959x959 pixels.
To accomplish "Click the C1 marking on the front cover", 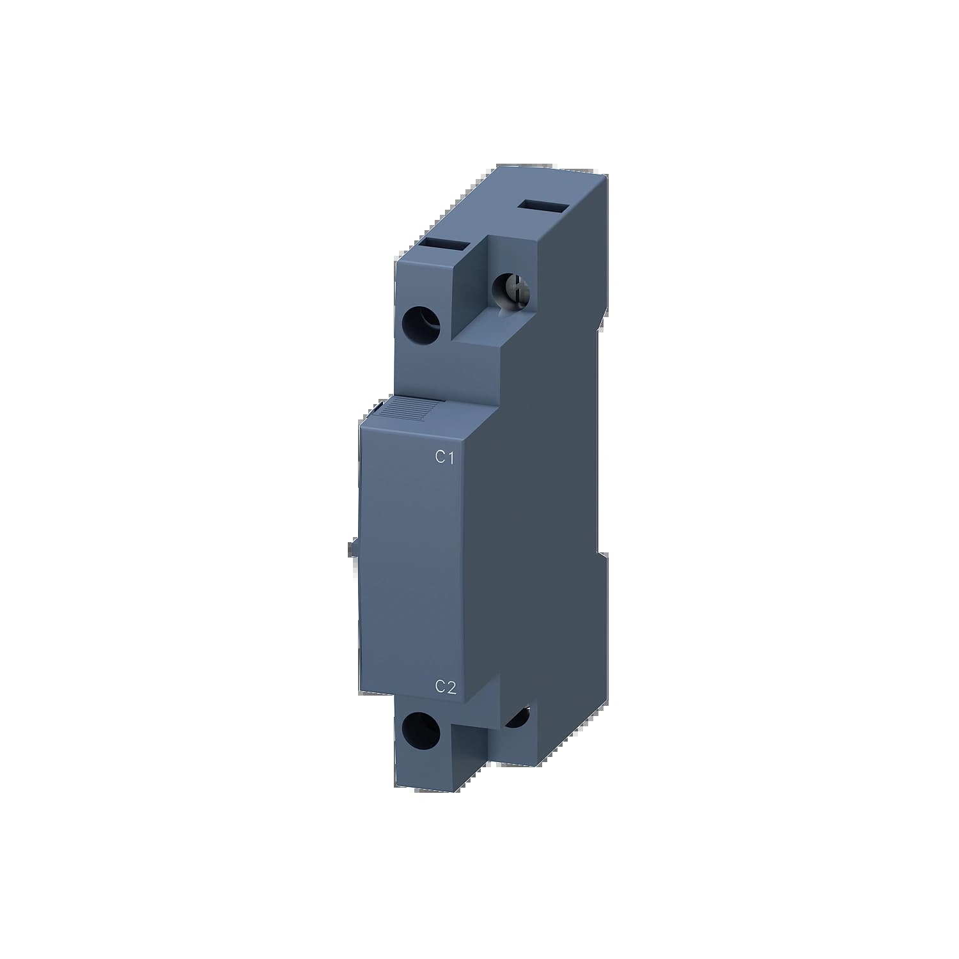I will coord(444,457).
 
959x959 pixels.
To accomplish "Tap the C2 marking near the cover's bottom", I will coord(445,687).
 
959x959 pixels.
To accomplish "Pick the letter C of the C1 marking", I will coord(439,457).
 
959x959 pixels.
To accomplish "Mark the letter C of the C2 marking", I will coord(440,687).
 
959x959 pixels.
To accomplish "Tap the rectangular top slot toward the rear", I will coord(543,206).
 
